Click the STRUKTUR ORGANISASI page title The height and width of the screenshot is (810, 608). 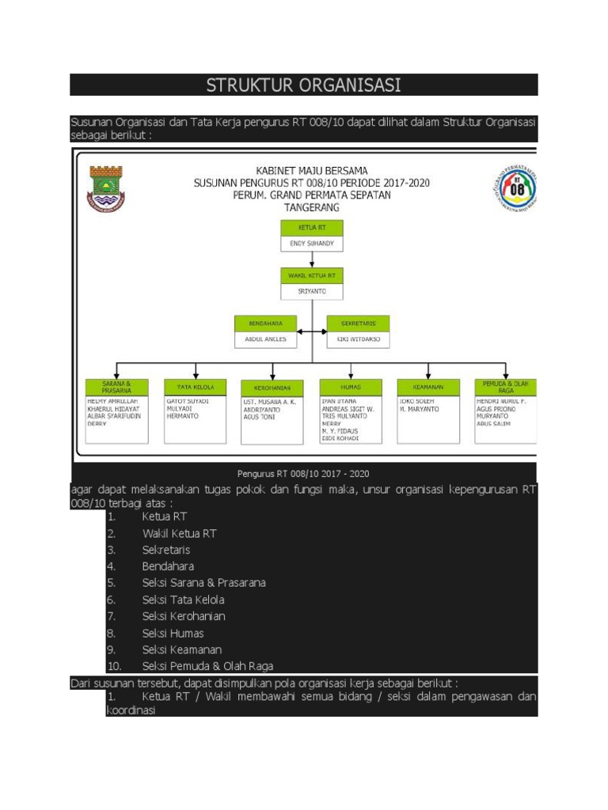tap(303, 85)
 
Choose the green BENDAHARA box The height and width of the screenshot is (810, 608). tap(265, 324)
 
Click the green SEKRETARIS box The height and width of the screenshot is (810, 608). tap(358, 324)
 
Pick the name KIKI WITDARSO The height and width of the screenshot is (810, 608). tap(358, 340)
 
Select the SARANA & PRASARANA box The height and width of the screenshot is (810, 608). tap(117, 387)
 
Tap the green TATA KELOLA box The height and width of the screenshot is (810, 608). tap(195, 387)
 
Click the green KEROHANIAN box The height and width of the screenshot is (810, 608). tap(272, 388)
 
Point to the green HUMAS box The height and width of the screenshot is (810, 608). tap(351, 388)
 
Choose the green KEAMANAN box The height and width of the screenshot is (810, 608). tap(428, 387)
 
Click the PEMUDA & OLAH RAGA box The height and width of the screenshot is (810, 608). tap(505, 387)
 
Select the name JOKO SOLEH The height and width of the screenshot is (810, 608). tap(417, 401)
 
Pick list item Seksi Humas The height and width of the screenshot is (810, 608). tap(173, 633)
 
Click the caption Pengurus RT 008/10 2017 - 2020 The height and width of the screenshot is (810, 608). tap(303, 473)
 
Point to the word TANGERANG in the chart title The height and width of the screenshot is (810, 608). tap(311, 207)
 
